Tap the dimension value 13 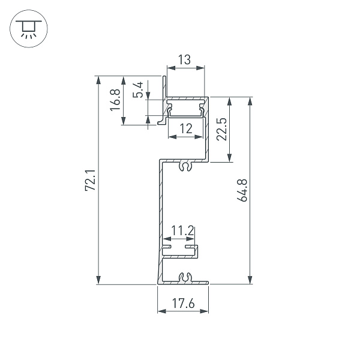(x=185, y=59)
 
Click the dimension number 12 (x=185, y=128)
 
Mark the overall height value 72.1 (x=90, y=181)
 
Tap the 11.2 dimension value (x=182, y=230)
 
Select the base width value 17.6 (x=183, y=304)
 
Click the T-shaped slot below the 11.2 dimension (x=180, y=247)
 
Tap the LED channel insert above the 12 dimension (x=187, y=109)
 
